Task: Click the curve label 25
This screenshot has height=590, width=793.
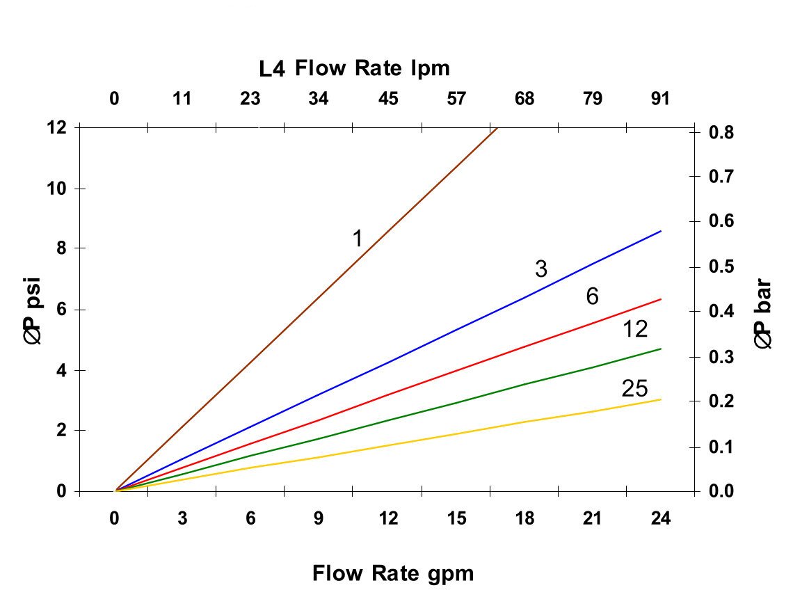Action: click(x=634, y=388)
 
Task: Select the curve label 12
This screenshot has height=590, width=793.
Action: click(x=634, y=329)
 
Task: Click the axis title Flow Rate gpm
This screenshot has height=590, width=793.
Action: click(x=393, y=574)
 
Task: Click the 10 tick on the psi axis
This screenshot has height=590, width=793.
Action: click(x=60, y=189)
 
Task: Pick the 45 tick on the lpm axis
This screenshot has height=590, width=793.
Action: click(x=388, y=99)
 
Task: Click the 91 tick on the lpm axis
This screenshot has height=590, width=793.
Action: click(x=660, y=99)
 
